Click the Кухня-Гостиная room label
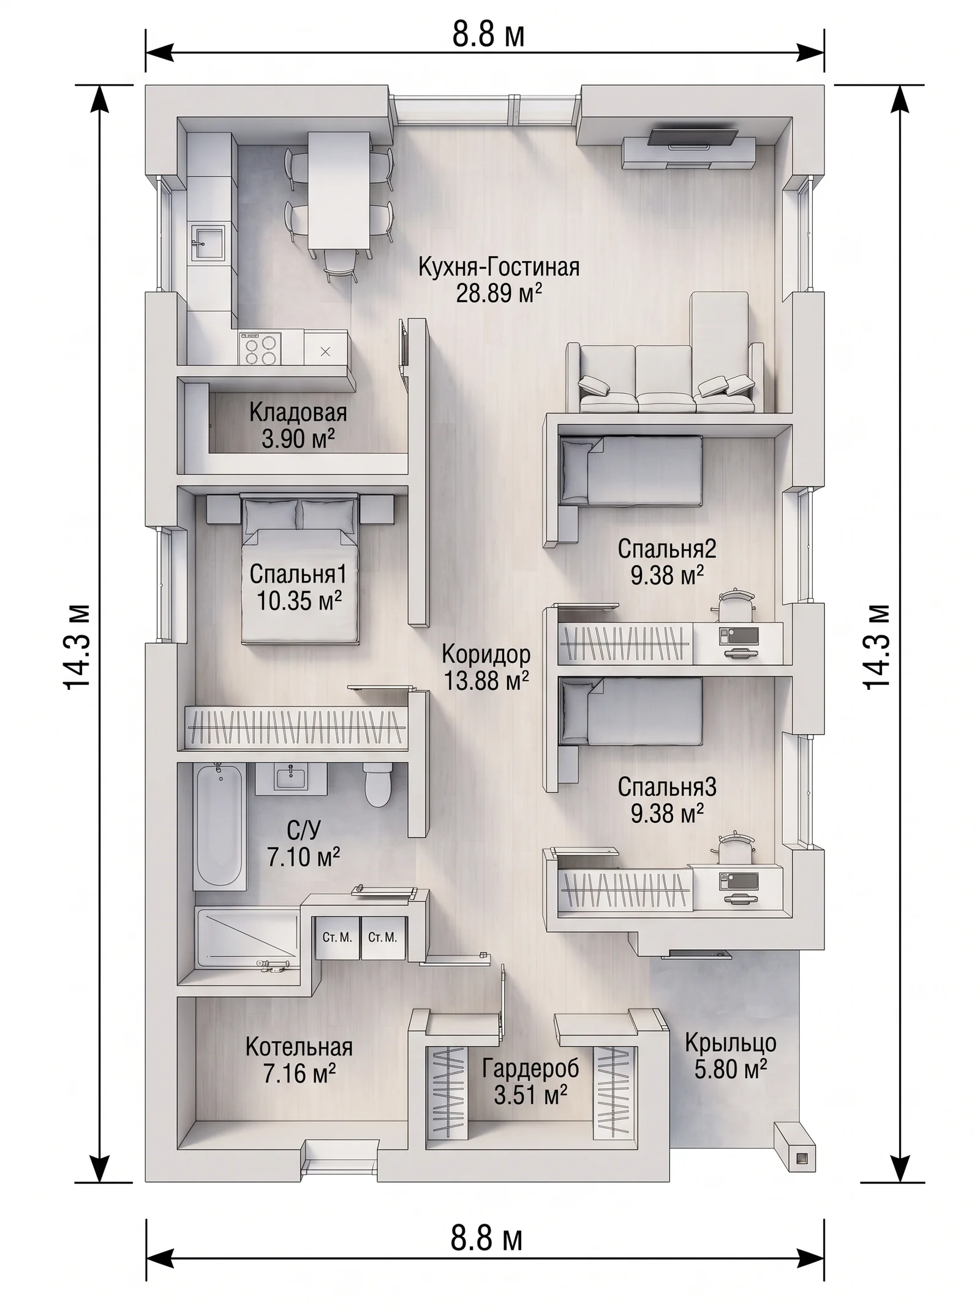pos(499,268)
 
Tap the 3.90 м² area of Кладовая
pos(298,439)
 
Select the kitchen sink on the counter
pos(208,243)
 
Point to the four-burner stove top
pos(260,349)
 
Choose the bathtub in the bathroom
pos(219,825)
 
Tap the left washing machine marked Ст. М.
pos(337,937)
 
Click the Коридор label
pos(486,654)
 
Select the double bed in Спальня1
pos(300,568)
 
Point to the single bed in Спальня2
pos(631,471)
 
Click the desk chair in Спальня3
pos(733,848)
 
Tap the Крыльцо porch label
pos(730,1042)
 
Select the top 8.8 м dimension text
pos(488,35)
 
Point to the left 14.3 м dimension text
pos(78,648)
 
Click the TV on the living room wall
pos(693,137)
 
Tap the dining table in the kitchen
pos(339,191)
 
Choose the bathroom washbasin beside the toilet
pos(291,778)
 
